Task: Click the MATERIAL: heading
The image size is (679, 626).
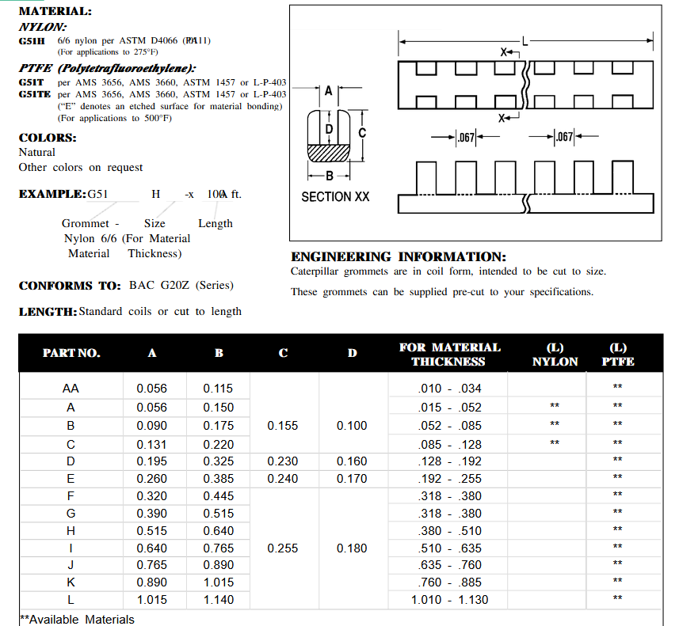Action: (55, 11)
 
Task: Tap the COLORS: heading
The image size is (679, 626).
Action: (48, 137)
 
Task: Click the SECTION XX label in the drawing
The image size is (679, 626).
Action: (335, 196)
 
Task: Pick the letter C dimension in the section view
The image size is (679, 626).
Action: (362, 132)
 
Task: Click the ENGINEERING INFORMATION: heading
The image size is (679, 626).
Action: (399, 256)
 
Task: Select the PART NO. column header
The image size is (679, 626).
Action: (71, 353)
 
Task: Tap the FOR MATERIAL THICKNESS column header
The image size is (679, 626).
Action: (449, 354)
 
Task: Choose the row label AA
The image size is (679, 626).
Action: (71, 389)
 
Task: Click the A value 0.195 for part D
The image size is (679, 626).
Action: (151, 461)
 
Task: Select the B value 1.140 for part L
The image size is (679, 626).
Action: (219, 600)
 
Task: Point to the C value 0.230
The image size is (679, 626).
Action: (283, 461)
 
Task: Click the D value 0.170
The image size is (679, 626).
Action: (352, 478)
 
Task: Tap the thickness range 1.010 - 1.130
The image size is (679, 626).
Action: (449, 600)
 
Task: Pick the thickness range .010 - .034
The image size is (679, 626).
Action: (449, 389)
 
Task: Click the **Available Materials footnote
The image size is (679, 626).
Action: (77, 619)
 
